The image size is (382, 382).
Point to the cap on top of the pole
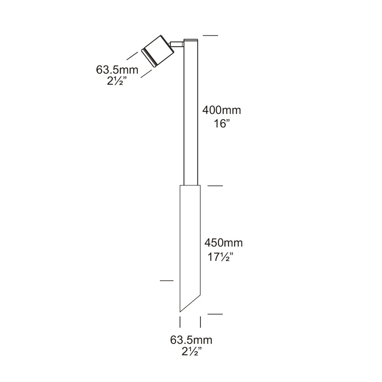[190, 40]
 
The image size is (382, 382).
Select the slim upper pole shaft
[190, 115]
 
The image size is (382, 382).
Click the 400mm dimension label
[222, 110]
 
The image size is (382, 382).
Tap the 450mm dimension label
[223, 243]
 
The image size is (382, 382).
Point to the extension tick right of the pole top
[210, 35]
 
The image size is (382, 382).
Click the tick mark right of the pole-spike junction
[215, 186]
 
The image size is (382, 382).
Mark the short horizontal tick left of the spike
[167, 281]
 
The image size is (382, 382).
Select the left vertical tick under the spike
[180, 322]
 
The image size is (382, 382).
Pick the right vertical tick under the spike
[201, 322]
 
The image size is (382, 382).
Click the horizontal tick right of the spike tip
[215, 314]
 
